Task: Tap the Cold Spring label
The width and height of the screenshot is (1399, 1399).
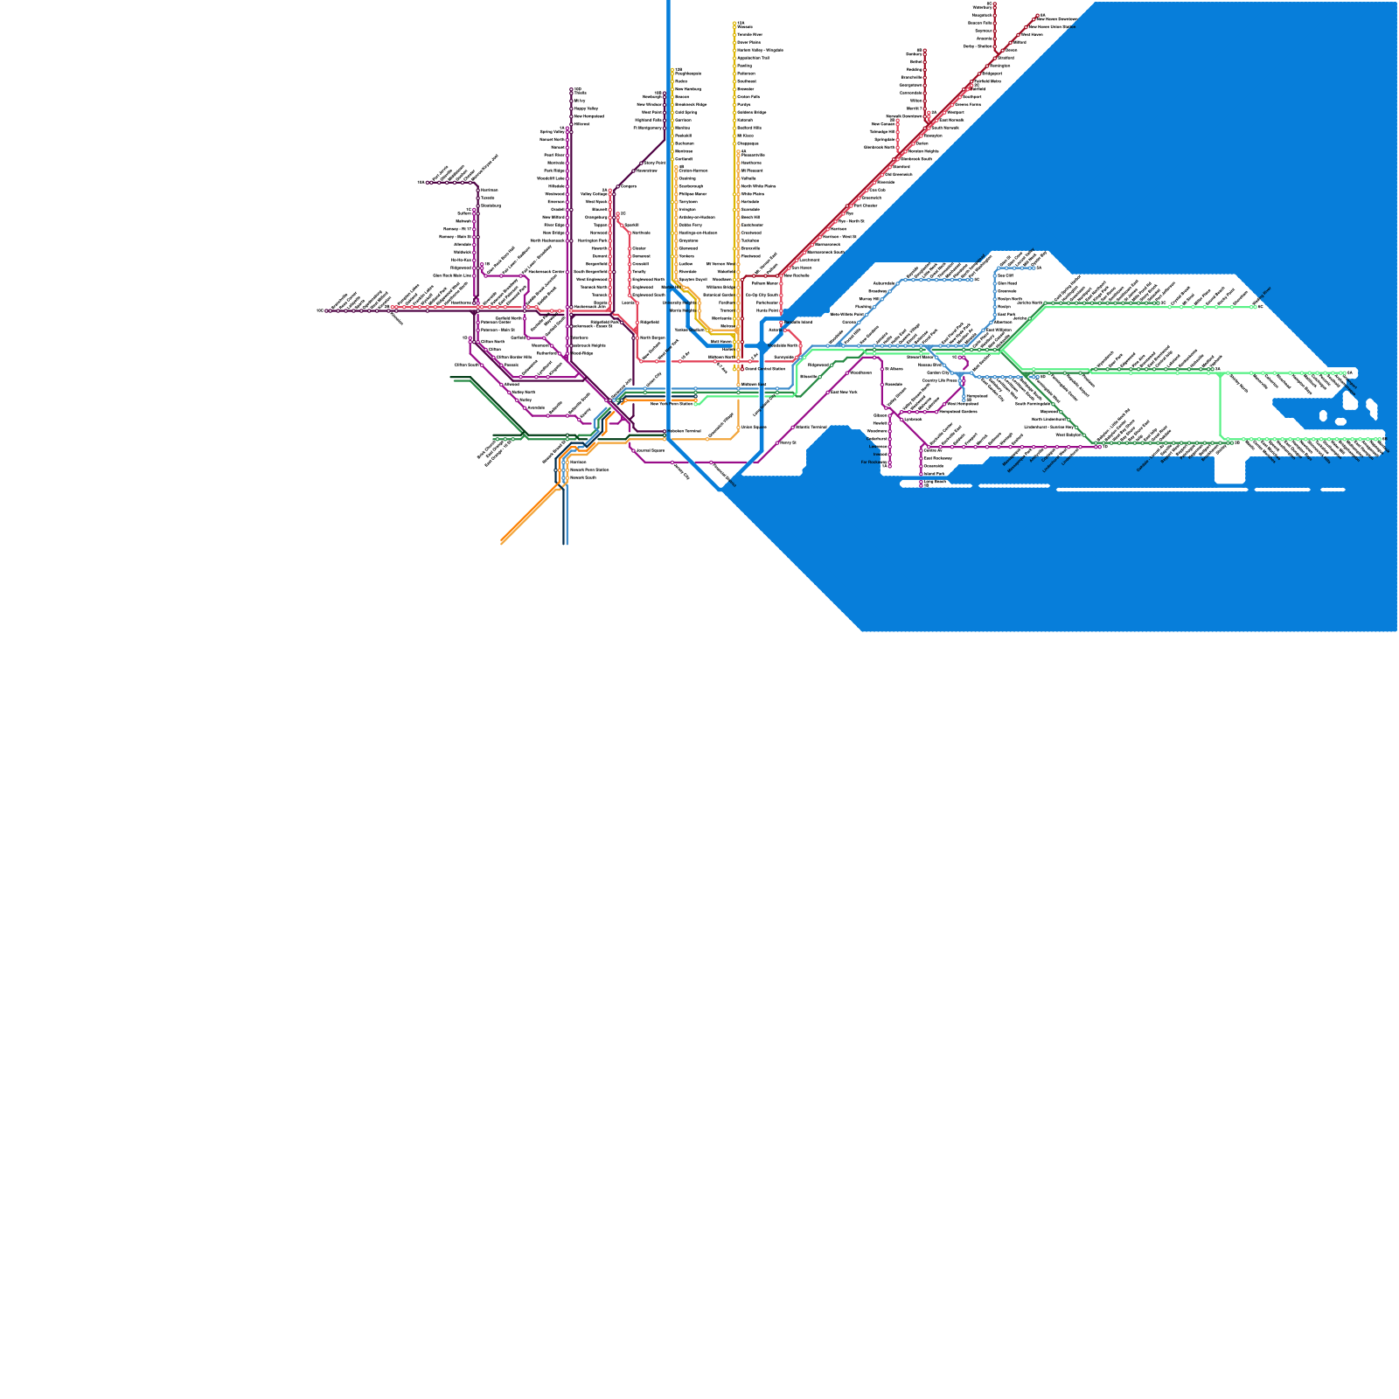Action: click(x=686, y=112)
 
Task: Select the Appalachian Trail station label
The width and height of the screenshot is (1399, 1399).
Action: click(x=753, y=58)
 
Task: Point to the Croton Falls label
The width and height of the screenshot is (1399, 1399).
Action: click(x=748, y=97)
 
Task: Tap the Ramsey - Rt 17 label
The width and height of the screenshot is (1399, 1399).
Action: click(x=457, y=229)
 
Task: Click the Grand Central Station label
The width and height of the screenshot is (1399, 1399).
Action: click(x=765, y=369)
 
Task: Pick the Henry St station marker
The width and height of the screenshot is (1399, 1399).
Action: click(x=777, y=442)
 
